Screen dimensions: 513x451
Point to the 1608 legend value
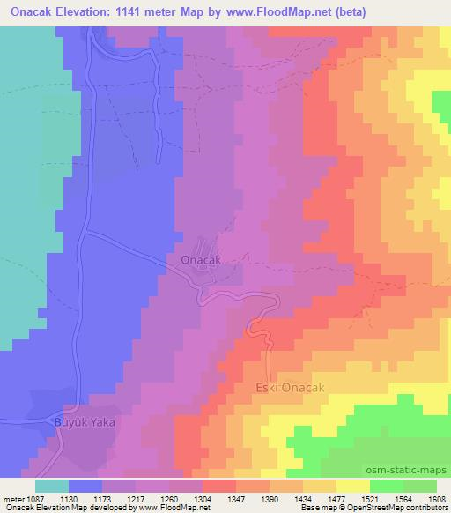(x=436, y=498)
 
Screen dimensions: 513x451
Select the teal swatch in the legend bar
(x=52, y=486)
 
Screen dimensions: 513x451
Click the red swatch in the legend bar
(x=219, y=486)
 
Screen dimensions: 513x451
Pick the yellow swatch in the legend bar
(x=353, y=486)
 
